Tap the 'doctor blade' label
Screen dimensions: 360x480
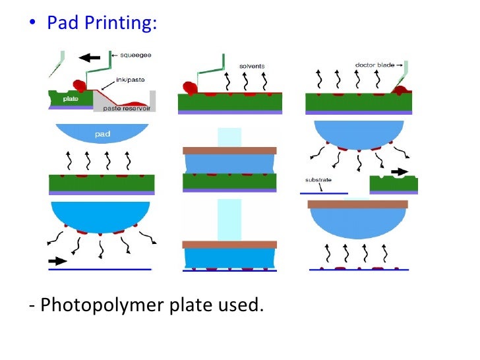[x=374, y=65]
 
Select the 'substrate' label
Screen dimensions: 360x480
[x=319, y=180]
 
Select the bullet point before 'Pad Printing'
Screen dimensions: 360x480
[x=33, y=24]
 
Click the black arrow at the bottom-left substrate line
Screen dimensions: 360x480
[x=58, y=260]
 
